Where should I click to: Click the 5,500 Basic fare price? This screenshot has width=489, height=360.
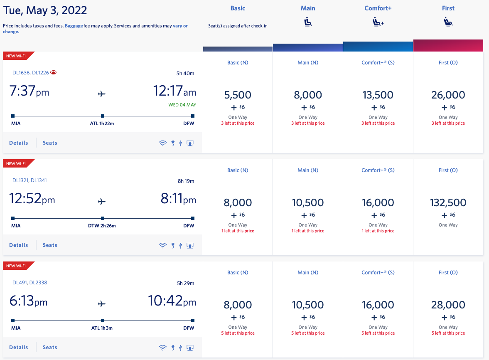coord(238,95)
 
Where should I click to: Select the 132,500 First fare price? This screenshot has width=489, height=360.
coord(448,203)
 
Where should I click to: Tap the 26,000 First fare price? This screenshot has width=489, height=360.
coord(448,95)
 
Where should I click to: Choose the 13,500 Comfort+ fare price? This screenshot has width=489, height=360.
coord(378,95)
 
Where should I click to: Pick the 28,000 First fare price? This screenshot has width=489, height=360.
coord(448,305)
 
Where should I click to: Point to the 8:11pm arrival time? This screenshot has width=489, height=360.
coord(178,200)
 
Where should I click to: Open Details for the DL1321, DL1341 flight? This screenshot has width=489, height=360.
coord(19,245)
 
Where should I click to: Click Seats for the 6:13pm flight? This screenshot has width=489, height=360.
coord(50,348)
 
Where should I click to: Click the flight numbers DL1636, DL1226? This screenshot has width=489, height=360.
coord(31,72)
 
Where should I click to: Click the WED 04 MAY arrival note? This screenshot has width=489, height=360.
coord(182,105)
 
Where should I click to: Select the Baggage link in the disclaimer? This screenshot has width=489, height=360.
coord(74,26)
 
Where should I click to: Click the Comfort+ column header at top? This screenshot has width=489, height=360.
coord(378,8)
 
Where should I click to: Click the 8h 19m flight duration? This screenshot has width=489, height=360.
coord(185,181)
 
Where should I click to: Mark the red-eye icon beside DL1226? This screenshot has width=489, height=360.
coord(54,72)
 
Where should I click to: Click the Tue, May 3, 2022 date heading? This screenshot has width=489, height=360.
coord(45,10)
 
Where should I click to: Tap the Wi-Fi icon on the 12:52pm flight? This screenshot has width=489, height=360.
coord(162,245)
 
